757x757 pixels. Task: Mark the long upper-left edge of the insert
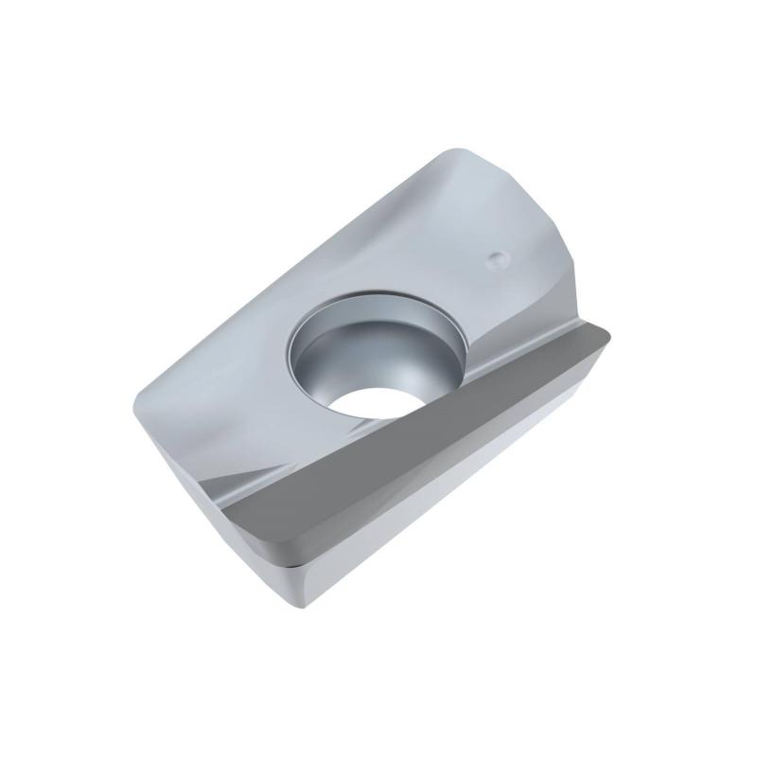274,274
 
